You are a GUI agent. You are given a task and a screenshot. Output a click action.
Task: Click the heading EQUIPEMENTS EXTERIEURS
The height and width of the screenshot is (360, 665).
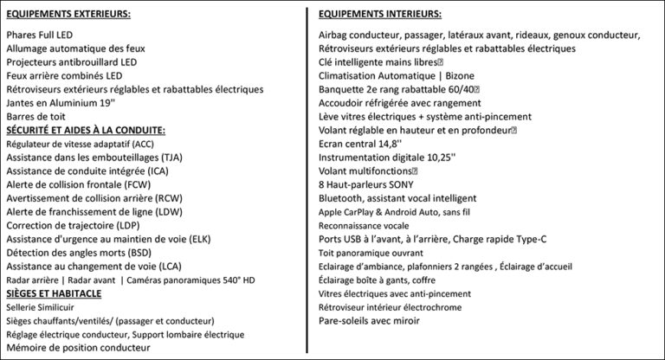pyautogui.click(x=68, y=15)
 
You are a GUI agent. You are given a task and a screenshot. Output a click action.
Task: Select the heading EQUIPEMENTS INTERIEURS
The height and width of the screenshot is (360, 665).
pyautogui.click(x=379, y=15)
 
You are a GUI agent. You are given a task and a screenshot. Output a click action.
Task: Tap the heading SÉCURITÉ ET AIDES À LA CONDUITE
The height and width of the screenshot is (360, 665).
pyautogui.click(x=85, y=130)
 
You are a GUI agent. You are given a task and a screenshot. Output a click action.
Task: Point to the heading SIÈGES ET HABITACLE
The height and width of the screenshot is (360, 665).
pyautogui.click(x=55, y=293)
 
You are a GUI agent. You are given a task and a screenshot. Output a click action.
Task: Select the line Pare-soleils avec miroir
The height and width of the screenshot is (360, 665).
pyautogui.click(x=368, y=320)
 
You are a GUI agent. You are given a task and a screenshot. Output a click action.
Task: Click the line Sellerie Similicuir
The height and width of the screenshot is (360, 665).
pyautogui.click(x=40, y=307)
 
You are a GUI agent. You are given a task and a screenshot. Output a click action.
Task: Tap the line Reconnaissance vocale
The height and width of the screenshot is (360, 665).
pyautogui.click(x=364, y=225)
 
